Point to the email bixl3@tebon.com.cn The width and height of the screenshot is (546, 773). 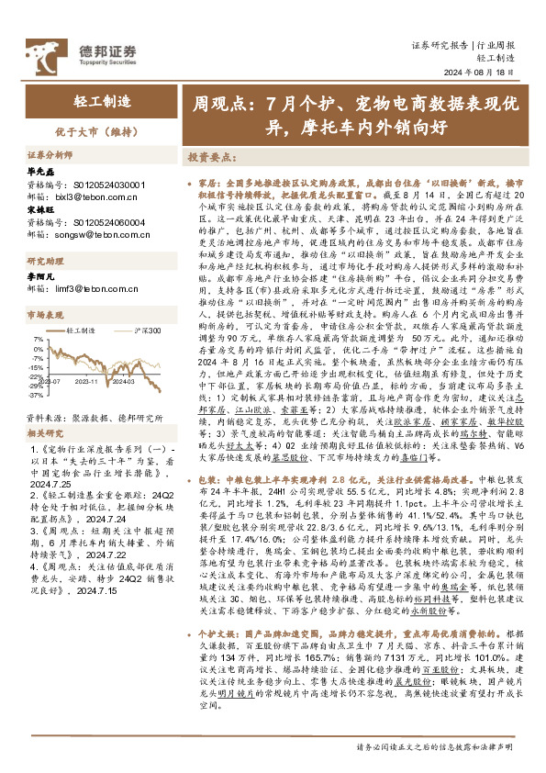[x=92, y=196]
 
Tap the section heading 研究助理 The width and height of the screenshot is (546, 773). [x=43, y=261]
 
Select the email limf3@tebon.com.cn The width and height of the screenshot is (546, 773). [x=92, y=288]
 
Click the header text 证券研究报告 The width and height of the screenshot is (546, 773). [x=440, y=43]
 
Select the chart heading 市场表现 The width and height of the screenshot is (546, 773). [x=43, y=314]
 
